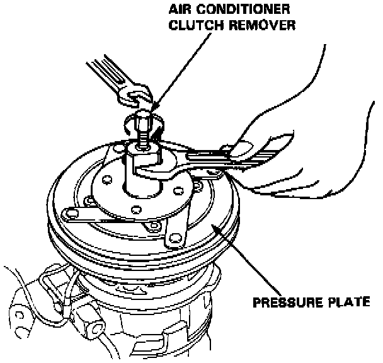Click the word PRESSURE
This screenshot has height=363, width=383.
click(x=283, y=301)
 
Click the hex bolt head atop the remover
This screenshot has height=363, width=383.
click(x=141, y=122)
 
